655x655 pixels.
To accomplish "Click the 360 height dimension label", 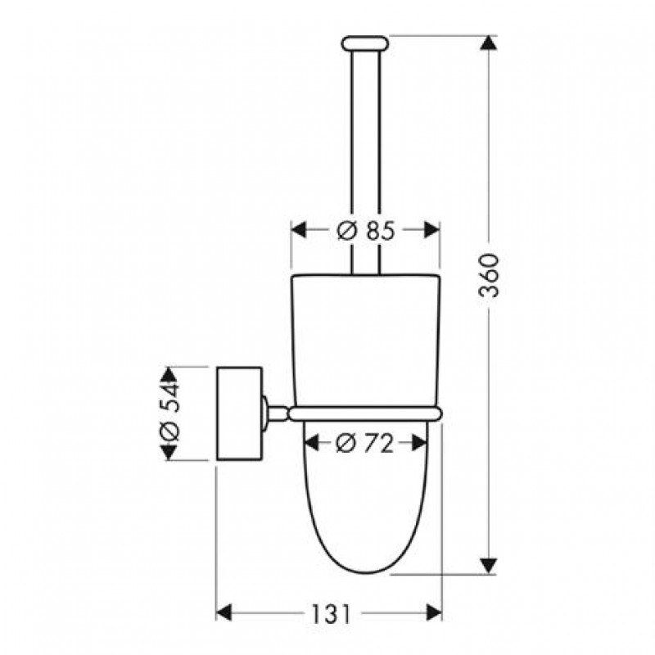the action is pos(489,275).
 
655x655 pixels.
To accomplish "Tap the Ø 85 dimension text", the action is pos(365,230).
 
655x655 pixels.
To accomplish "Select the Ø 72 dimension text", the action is pos(364,443).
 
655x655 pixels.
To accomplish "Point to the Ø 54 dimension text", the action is pos(169,414).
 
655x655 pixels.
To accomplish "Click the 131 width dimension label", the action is pos(330,614).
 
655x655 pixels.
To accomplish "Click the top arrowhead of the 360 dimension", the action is pos(489,43).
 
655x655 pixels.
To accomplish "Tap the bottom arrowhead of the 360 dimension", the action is pos(489,566).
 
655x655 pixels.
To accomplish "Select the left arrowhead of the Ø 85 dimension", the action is pos(299,230).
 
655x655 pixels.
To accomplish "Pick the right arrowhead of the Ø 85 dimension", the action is pos(432,230).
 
